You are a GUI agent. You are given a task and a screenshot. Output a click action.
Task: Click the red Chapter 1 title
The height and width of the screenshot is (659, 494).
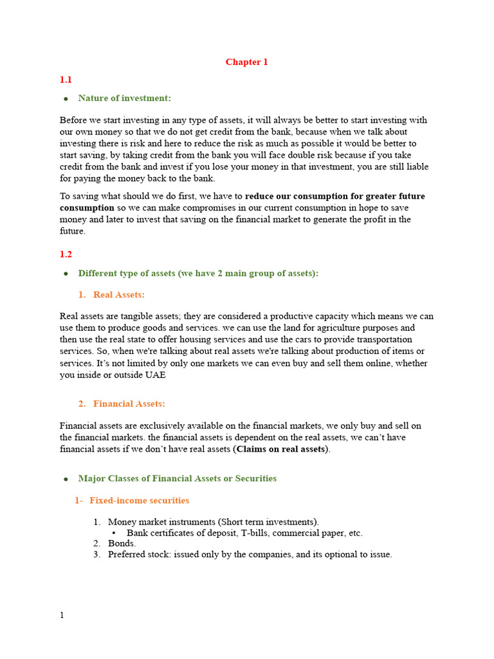click(246, 62)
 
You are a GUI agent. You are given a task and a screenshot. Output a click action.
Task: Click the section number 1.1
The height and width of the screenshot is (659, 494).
click(66, 80)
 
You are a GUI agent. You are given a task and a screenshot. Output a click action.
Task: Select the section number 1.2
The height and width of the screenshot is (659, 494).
click(66, 255)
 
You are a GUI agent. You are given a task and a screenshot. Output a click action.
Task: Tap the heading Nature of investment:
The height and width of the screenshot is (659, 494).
click(124, 98)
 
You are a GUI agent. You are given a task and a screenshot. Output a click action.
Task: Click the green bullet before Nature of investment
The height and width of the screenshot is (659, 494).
click(66, 98)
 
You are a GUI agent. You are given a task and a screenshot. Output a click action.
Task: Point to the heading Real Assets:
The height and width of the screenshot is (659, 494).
click(119, 294)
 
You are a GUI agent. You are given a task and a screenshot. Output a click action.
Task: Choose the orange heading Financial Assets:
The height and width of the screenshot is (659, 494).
click(129, 404)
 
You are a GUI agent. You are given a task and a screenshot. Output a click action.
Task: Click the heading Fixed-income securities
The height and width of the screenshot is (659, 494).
click(139, 500)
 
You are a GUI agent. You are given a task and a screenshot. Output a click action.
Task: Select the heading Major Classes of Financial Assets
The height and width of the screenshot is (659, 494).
click(177, 478)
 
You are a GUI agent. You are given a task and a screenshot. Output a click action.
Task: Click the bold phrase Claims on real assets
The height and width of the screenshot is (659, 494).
click(282, 449)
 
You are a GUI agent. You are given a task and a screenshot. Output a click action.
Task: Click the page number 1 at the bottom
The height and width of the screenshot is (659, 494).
click(62, 615)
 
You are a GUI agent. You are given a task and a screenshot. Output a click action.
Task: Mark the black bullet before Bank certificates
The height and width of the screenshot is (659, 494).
click(114, 533)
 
